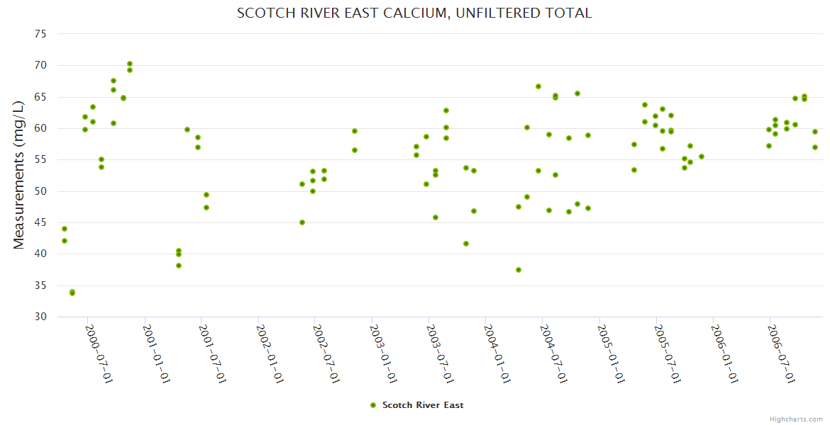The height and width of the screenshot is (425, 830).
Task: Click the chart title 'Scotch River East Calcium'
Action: pos(414,13)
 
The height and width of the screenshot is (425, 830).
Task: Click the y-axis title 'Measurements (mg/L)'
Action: pos(19,174)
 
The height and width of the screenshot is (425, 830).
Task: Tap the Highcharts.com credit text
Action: pos(796,419)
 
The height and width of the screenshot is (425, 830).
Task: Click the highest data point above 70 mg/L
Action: pos(130,64)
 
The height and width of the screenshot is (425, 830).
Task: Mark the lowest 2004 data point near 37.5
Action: pos(519,270)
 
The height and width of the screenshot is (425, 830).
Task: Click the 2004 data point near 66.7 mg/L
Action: pos(538,86)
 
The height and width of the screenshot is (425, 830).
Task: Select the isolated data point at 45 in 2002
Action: pos(302,222)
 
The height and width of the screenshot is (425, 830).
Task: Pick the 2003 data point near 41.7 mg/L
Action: pos(466,244)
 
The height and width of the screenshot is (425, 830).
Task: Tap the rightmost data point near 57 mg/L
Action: pos(815,147)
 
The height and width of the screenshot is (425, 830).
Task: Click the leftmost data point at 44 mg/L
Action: pos(65,229)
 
